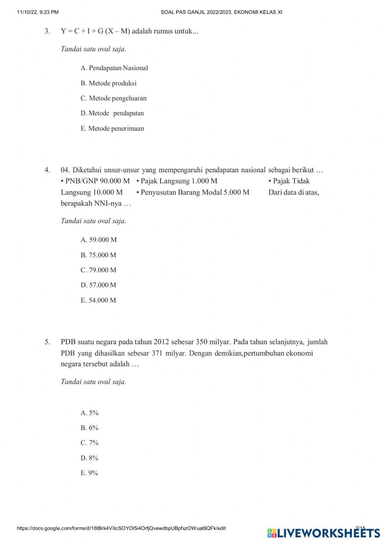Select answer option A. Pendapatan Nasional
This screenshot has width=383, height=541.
(114, 68)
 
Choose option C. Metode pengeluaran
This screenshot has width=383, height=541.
(113, 98)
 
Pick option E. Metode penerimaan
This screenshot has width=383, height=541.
(112, 129)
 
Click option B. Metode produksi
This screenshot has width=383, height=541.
(108, 83)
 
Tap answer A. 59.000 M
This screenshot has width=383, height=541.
(98, 240)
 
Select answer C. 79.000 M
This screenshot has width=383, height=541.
(98, 270)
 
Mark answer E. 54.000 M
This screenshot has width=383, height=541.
(98, 301)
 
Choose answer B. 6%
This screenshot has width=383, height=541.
(89, 428)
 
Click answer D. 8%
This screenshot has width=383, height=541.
(89, 458)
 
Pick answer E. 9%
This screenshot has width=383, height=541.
(89, 473)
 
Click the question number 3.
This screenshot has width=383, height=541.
(47, 31)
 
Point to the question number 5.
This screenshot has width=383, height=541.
(47, 342)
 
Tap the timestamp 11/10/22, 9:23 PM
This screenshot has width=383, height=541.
(38, 12)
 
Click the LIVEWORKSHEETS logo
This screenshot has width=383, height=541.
(324, 533)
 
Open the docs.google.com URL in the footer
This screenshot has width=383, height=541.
(121, 528)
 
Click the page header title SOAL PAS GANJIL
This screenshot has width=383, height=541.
(221, 12)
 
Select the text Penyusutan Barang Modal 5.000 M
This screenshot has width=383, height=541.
(195, 192)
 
